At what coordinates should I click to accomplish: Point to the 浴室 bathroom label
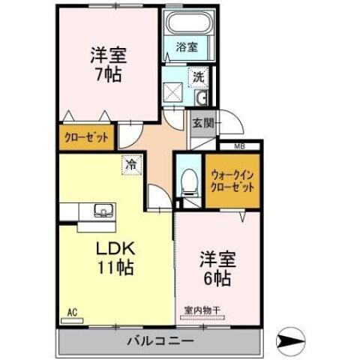coord(186,47)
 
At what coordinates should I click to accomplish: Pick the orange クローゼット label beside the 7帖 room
coord(85,137)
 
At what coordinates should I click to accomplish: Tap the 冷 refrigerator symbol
coord(131,163)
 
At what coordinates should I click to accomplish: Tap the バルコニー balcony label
coord(160,340)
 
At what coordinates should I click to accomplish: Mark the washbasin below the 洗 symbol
coord(199,99)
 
